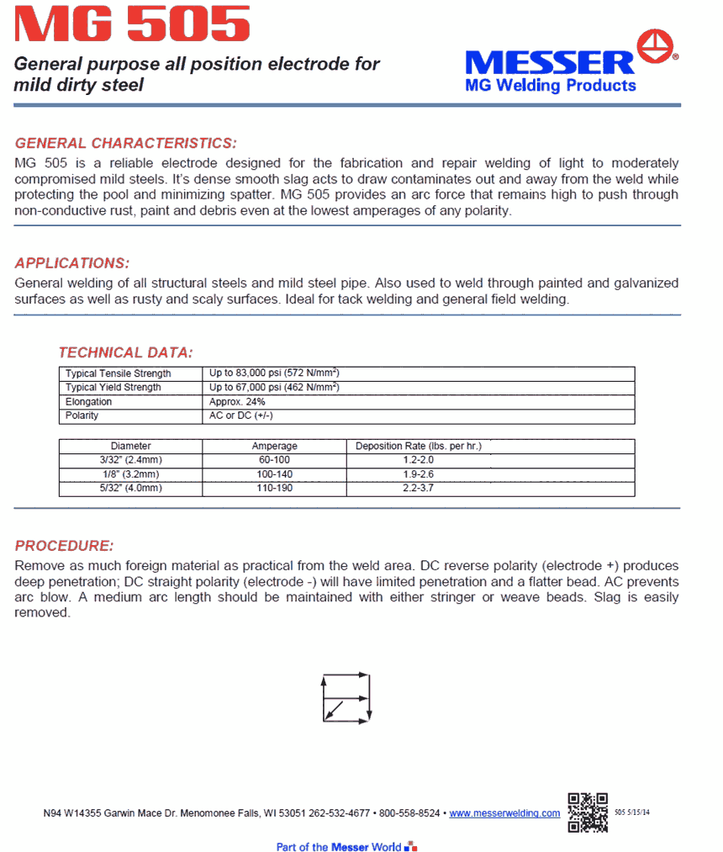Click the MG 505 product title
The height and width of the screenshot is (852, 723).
pos(132,25)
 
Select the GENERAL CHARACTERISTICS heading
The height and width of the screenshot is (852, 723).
pos(126,143)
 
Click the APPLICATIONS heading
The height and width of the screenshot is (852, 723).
pos(72,263)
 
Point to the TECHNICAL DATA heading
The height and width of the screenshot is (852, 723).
pos(125,352)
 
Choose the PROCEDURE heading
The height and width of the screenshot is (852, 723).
pos(64,546)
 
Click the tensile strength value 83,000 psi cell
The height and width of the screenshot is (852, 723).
pos(273,373)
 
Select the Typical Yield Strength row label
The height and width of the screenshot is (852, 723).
pos(113,388)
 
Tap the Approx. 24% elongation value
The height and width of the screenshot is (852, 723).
pos(237,402)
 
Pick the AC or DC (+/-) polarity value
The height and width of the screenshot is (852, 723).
pos(240,416)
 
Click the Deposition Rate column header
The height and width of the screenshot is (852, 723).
pos(418,447)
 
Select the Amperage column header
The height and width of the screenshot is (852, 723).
pos(274,447)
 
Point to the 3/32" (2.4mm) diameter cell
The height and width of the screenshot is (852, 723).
pos(131,460)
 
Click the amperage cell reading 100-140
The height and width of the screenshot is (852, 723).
pos(274,474)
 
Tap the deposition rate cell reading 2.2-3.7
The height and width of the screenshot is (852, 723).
pos(418,489)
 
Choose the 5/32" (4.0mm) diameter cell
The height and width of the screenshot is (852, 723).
pos(131,489)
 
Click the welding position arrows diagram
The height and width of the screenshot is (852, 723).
pos(346,697)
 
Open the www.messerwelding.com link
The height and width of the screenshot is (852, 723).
pos(504,813)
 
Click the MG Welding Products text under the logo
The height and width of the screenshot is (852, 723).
pos(551,85)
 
